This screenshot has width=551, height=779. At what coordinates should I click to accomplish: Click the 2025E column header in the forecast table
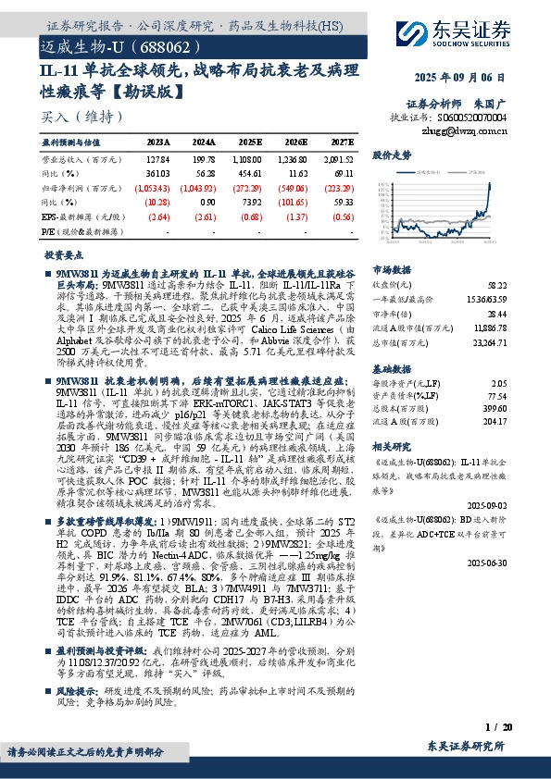click(x=248, y=143)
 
